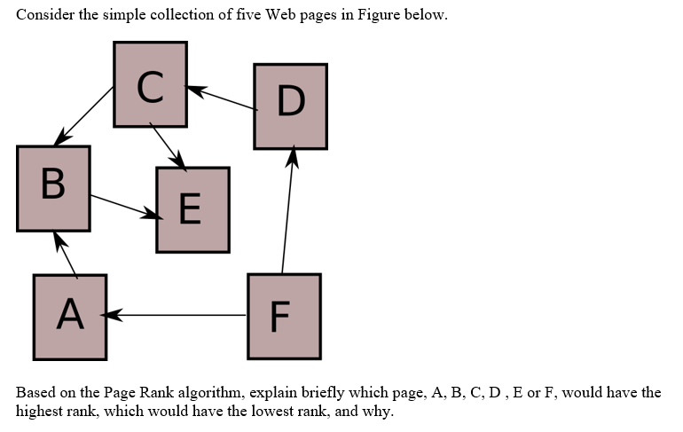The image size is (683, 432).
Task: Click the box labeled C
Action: point(150,84)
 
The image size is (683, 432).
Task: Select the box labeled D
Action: point(290,106)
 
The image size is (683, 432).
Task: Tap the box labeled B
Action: point(53,188)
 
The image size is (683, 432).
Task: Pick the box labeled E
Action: point(192,209)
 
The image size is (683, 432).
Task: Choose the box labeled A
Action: point(70,317)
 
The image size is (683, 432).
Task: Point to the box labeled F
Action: point(283,317)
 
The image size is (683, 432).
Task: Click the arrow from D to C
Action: point(222,98)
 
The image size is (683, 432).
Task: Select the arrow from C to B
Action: point(85,116)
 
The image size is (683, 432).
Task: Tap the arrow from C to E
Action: point(168,146)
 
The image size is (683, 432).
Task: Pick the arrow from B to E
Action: point(124,206)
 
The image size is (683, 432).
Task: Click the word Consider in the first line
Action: point(43,16)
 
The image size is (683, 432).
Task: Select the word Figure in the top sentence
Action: point(379,16)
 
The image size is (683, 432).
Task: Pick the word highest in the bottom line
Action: point(42,412)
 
